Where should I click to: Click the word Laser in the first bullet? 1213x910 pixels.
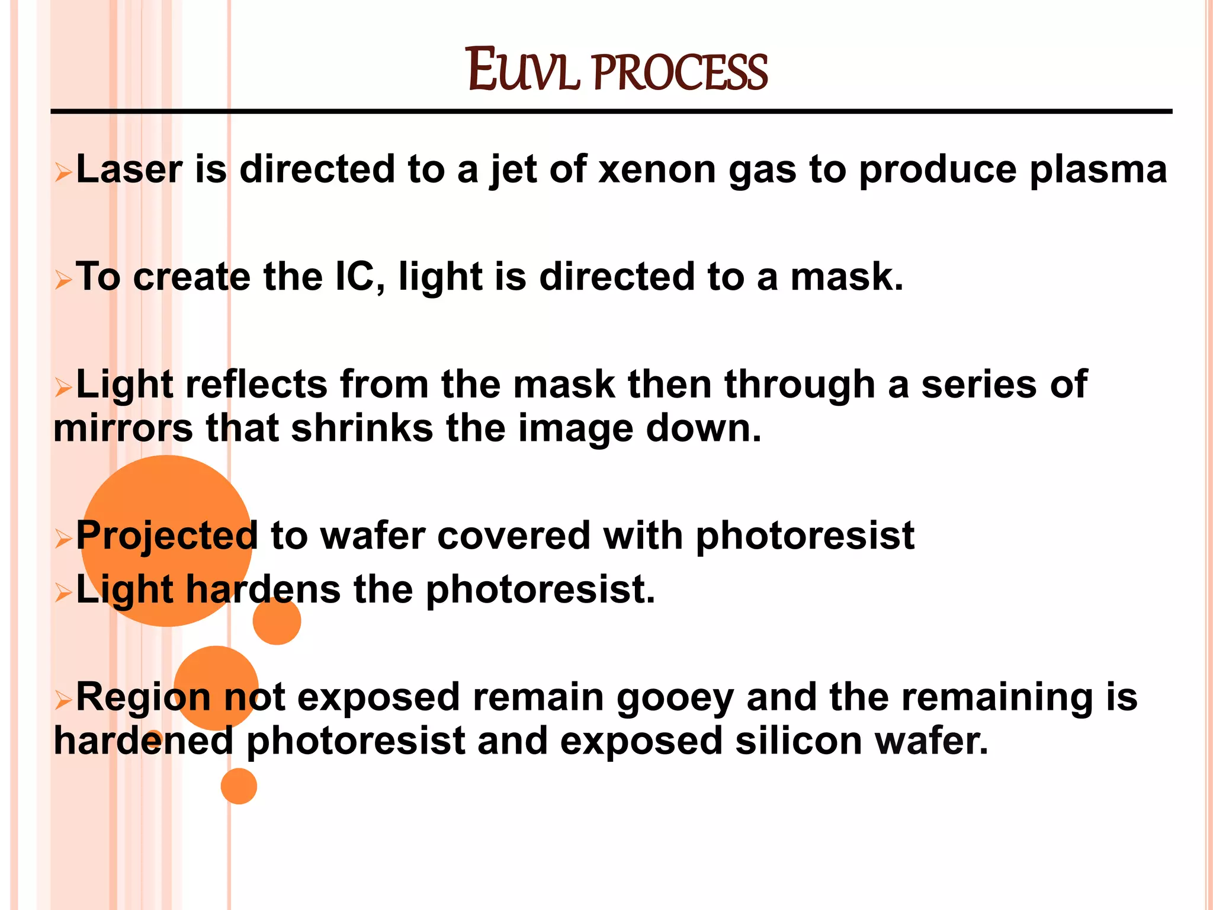(x=129, y=169)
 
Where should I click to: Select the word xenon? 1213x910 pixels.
(x=657, y=170)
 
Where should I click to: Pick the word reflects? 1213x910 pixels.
(x=256, y=384)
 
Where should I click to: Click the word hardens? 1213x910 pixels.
(x=263, y=590)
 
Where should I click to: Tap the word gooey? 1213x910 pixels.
(x=675, y=698)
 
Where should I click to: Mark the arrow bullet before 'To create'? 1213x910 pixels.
(x=63, y=279)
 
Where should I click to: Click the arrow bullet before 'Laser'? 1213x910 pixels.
(x=63, y=172)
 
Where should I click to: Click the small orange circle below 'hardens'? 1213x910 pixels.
(x=277, y=621)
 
